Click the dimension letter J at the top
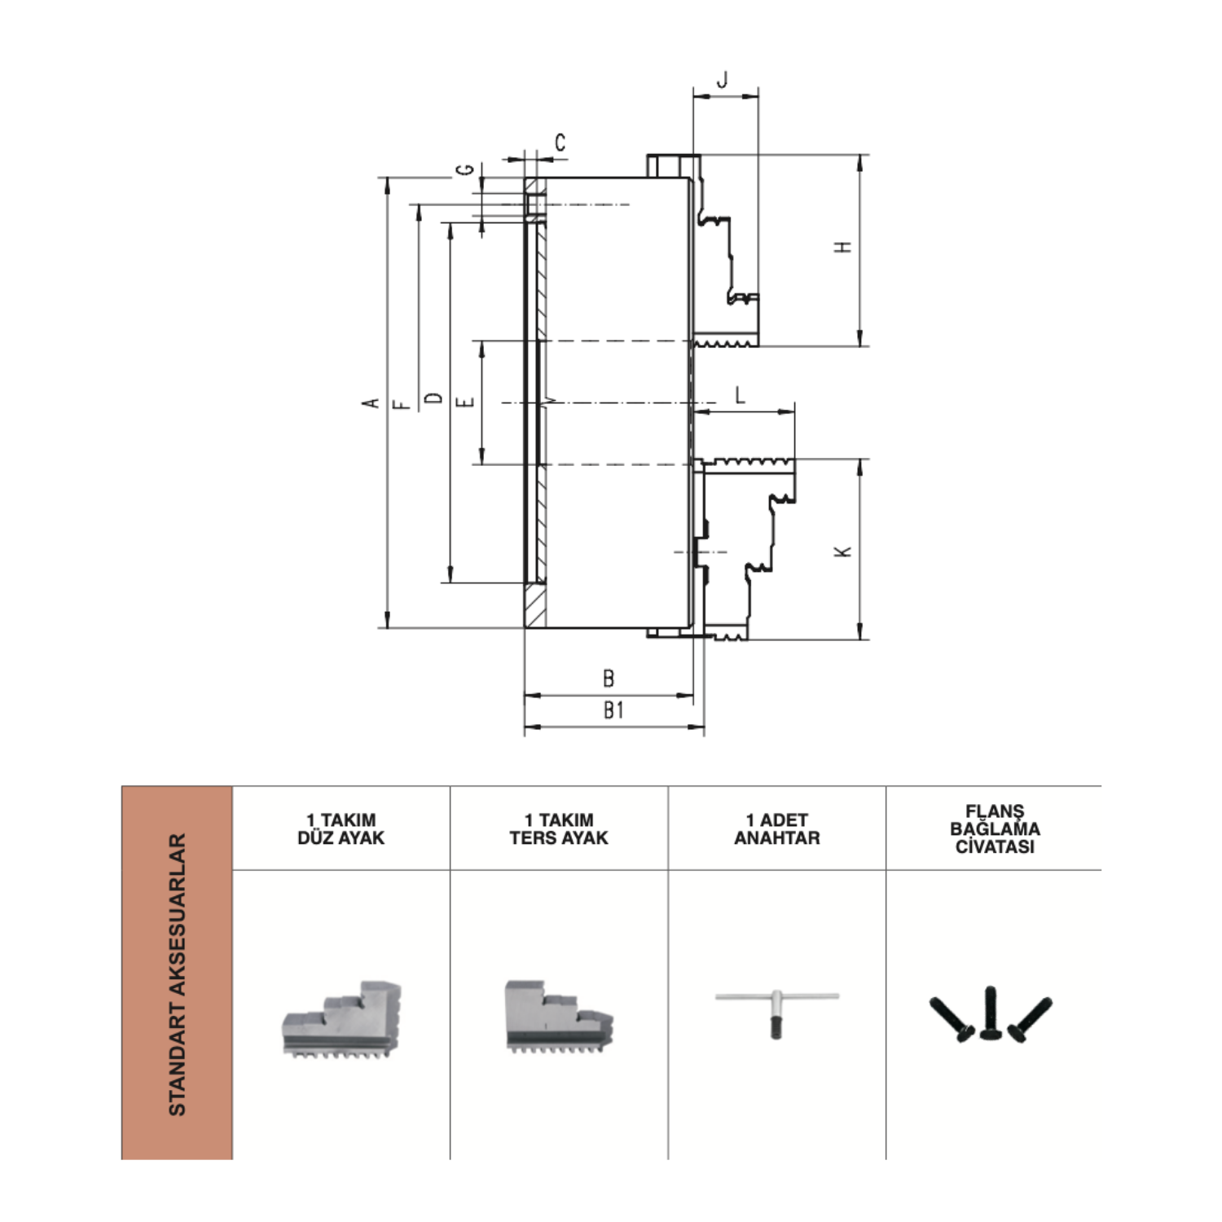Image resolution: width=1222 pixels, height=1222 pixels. click(722, 80)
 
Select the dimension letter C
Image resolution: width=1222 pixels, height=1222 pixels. click(560, 143)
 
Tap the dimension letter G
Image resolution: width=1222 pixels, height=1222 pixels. click(465, 169)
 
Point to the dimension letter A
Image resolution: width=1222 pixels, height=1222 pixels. click(371, 402)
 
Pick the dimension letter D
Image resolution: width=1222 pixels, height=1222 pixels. click(434, 398)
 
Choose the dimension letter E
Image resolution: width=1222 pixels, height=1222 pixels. click(466, 402)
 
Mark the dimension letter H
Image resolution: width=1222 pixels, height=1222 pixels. click(844, 247)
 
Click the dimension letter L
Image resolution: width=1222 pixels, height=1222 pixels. click(740, 395)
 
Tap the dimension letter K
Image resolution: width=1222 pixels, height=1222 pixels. click(844, 552)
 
